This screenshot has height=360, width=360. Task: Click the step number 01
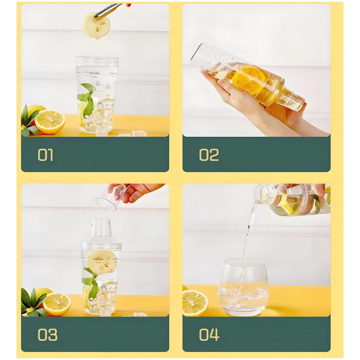45,155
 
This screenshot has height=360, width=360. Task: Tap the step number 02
209,155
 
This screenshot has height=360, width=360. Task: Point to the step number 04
209,334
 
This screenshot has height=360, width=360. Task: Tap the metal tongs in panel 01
108,10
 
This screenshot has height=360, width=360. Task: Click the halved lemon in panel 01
50,122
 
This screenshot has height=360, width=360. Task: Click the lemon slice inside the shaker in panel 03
103,261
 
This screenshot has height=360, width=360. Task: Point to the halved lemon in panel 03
57,304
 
